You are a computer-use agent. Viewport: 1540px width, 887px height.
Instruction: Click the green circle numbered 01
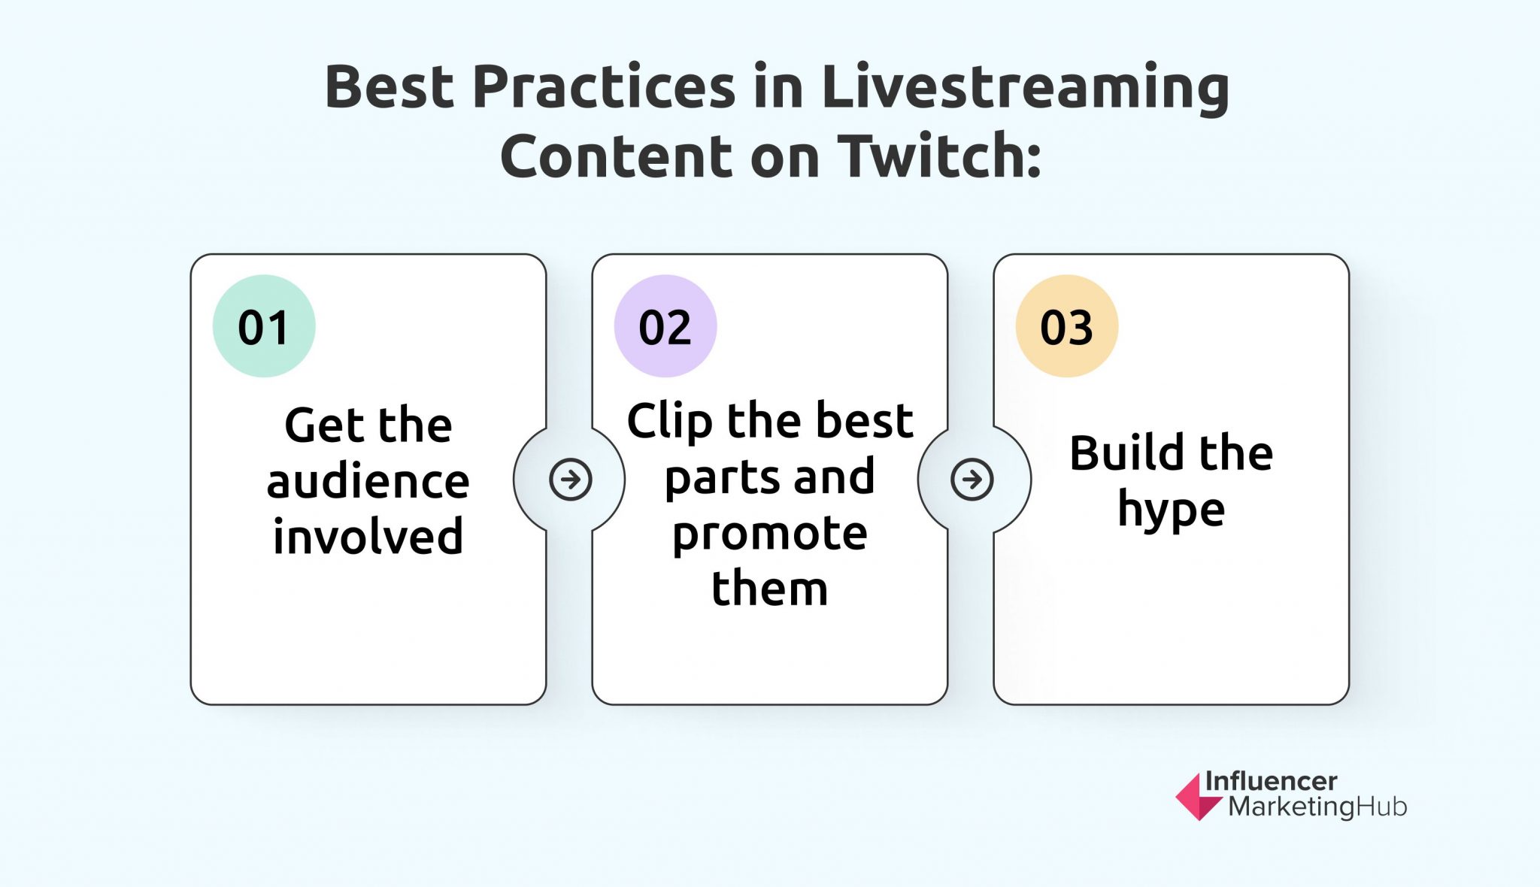pos(263,326)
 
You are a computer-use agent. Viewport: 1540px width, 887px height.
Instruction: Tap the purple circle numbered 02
pos(665,326)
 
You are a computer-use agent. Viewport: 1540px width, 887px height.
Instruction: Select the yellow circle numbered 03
pos(1066,326)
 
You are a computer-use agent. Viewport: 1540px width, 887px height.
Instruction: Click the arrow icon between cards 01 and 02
pos(570,480)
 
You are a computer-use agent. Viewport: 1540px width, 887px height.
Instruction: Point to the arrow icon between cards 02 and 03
pos(972,480)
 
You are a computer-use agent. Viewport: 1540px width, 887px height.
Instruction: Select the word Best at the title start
pos(390,87)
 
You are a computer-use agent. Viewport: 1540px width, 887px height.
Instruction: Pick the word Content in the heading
pos(616,156)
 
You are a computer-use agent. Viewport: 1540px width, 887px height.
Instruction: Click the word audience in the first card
pos(368,481)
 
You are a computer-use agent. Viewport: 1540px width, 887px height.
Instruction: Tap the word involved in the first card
pos(368,537)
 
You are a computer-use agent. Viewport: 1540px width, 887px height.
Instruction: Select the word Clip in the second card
pos(669,422)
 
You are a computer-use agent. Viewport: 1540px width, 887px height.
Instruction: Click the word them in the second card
pos(769,589)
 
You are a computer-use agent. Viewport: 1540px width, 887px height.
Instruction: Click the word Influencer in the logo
pos(1271,781)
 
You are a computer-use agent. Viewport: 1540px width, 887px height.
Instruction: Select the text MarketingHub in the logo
pos(1317,807)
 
